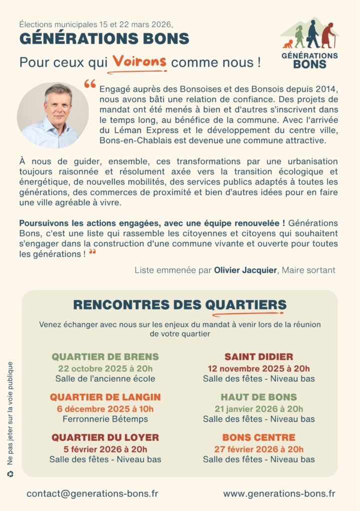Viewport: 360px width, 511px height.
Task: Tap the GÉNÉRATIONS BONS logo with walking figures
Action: click(x=309, y=43)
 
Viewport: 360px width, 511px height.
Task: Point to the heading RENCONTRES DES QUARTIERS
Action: click(x=180, y=304)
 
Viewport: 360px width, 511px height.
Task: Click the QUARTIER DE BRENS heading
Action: click(x=105, y=357)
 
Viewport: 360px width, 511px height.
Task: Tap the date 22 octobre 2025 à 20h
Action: click(x=105, y=368)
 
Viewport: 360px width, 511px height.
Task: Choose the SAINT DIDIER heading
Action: click(x=259, y=357)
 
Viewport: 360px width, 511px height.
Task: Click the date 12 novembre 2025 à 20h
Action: click(x=259, y=368)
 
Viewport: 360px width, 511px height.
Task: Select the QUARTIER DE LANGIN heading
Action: click(x=105, y=397)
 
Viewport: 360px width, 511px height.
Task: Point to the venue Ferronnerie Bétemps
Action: click(x=105, y=419)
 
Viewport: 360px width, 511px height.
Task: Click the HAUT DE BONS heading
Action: click(x=259, y=397)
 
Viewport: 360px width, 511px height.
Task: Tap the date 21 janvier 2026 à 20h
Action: click(x=259, y=409)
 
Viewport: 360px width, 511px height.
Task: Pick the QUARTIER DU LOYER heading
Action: click(x=105, y=438)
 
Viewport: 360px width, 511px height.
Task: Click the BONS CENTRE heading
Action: click(x=259, y=438)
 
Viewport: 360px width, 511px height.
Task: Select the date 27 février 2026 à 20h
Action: click(x=259, y=449)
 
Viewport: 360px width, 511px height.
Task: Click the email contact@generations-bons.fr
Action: click(x=92, y=493)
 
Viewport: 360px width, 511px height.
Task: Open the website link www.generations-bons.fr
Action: click(x=279, y=493)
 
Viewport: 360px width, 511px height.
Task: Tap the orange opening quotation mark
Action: click(x=90, y=84)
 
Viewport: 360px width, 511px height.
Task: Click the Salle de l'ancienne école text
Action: click(x=105, y=378)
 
